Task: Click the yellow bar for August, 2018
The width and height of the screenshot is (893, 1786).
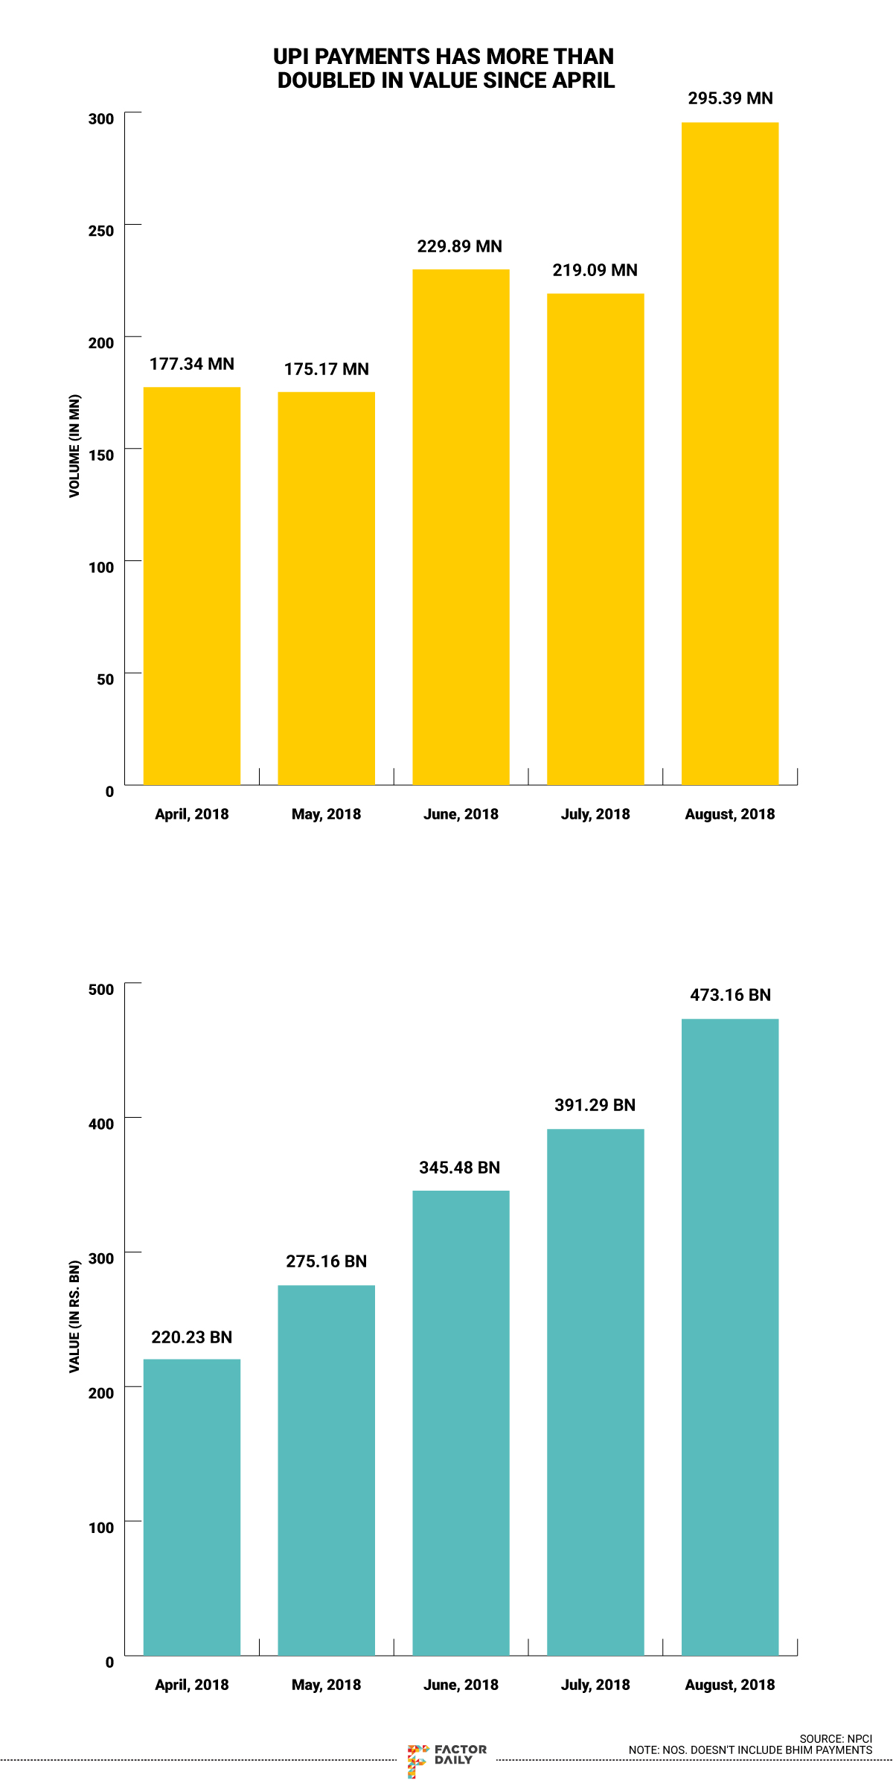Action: coord(730,454)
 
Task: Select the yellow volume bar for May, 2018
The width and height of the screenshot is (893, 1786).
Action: coord(326,588)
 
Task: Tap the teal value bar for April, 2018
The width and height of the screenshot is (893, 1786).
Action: coord(192,1507)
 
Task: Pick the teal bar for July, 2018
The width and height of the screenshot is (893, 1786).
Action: coord(595,1392)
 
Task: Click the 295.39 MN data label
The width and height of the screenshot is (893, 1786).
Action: coord(730,98)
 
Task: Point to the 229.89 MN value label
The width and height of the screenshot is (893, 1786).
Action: coord(459,246)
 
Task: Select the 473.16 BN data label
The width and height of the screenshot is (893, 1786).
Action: coord(730,995)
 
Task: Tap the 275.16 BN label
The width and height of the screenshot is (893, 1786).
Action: coord(326,1261)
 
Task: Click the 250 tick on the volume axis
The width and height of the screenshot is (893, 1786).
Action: coord(101,231)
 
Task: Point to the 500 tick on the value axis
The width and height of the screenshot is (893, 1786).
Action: coord(101,989)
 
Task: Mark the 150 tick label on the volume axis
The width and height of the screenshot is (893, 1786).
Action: coord(101,455)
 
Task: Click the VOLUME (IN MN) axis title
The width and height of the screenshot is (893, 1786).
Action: coord(74,446)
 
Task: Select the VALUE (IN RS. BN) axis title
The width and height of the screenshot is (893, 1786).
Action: coord(74,1316)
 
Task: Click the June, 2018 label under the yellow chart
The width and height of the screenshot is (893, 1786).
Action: coord(461,814)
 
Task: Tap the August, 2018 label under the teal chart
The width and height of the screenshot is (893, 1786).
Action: coord(730,1685)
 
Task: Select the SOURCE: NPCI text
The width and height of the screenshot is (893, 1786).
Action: coord(836,1739)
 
